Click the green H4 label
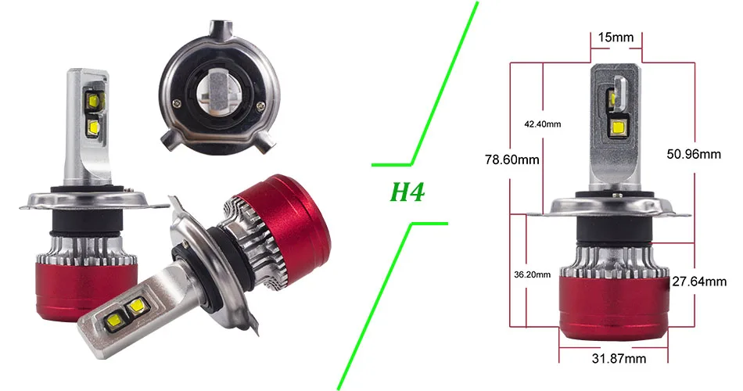(x=407, y=192)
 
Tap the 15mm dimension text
(x=616, y=37)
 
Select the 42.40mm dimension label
(x=542, y=124)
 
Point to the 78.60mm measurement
(x=511, y=160)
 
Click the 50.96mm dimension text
(x=694, y=154)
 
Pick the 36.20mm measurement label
(x=532, y=274)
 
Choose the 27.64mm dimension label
(x=699, y=282)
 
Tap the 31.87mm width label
(x=619, y=358)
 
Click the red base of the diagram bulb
(x=614, y=306)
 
